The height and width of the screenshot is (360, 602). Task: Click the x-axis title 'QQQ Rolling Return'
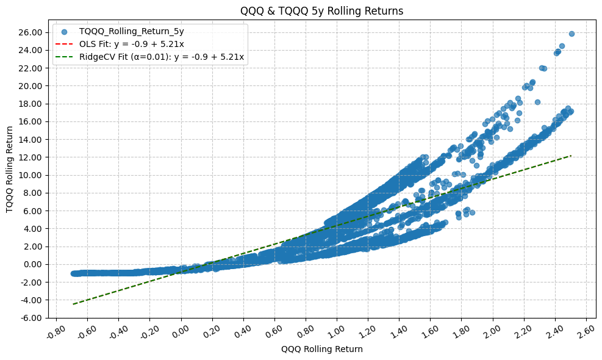tap(321, 350)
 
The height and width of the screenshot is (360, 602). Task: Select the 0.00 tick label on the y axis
tap(30, 264)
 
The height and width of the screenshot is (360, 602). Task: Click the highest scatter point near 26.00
tap(572, 34)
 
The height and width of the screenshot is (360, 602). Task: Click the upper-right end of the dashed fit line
tap(571, 156)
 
